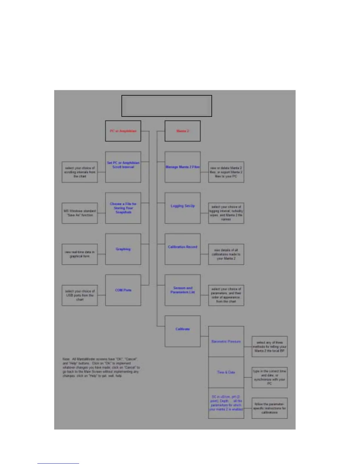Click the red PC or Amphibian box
(123, 131)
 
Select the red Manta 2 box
(182, 131)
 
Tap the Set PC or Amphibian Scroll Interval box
(123, 167)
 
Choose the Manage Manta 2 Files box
(182, 167)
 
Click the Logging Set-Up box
(182, 208)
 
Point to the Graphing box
(123, 249)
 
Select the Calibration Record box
(182, 249)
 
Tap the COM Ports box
(123, 290)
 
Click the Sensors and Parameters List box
(182, 290)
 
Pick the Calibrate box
(182, 331)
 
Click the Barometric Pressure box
(226, 342)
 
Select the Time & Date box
(226, 372)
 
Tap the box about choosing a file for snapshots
(123, 208)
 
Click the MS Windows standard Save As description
(79, 213)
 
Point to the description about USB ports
(79, 295)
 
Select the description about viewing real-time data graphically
(79, 254)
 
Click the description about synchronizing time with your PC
(269, 377)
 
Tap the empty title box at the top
(166, 106)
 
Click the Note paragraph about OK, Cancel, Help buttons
(101, 367)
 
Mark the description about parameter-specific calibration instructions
(269, 408)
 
